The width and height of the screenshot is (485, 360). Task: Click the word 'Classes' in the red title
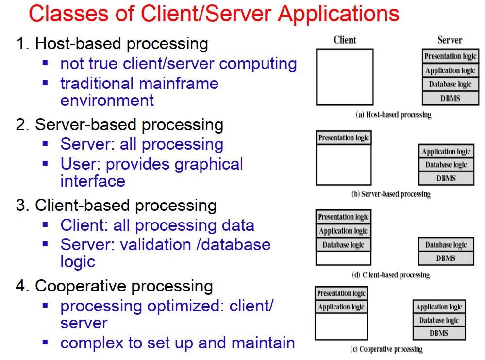point(68,14)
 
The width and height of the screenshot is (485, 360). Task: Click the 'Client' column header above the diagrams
point(345,40)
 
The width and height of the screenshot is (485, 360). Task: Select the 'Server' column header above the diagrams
point(450,40)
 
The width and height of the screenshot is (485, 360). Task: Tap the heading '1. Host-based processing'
point(112,44)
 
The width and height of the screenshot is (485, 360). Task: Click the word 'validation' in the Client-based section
point(155,244)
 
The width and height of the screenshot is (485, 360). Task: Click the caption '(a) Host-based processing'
point(393,115)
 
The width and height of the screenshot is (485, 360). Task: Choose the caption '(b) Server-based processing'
point(391,194)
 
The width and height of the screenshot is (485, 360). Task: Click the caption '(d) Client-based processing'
point(391,275)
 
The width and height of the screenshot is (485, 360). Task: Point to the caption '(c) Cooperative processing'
point(386,349)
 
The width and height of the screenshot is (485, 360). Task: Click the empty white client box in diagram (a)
point(345,77)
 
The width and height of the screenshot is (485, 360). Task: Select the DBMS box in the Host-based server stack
point(451,99)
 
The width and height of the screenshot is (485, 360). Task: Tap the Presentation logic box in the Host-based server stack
point(451,56)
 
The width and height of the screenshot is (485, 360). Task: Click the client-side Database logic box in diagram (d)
point(343,245)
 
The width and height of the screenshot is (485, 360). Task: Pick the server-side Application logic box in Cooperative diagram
point(439,307)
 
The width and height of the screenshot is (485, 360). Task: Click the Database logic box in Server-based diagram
point(446,165)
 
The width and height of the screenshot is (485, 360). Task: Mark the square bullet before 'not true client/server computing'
point(45,63)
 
